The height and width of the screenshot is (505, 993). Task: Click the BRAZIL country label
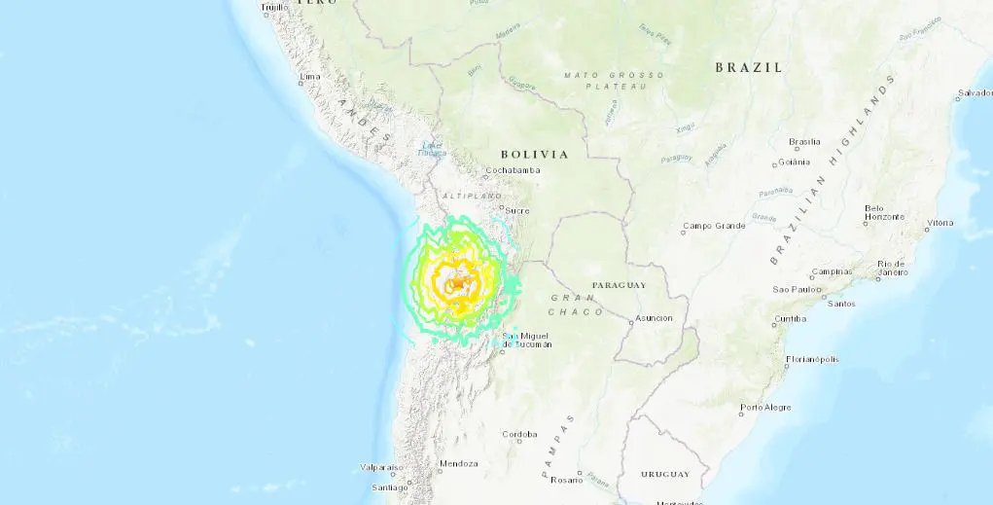pyautogui.click(x=748, y=67)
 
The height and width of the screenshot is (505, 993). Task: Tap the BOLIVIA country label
pyautogui.click(x=534, y=154)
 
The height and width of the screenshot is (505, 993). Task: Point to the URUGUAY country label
pyautogui.click(x=665, y=474)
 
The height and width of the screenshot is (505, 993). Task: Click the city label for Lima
pyautogui.click(x=310, y=76)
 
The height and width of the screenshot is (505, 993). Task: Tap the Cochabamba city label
pyautogui.click(x=505, y=170)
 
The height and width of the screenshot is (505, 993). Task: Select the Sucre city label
pyautogui.click(x=516, y=209)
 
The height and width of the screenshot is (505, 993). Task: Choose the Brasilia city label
pyautogui.click(x=804, y=141)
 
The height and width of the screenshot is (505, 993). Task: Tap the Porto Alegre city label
pyautogui.click(x=764, y=407)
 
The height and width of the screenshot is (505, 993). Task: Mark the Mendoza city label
pyautogui.click(x=459, y=463)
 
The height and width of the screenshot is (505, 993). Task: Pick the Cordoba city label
pyautogui.click(x=518, y=434)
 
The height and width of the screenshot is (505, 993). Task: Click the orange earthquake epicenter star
pyautogui.click(x=455, y=283)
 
